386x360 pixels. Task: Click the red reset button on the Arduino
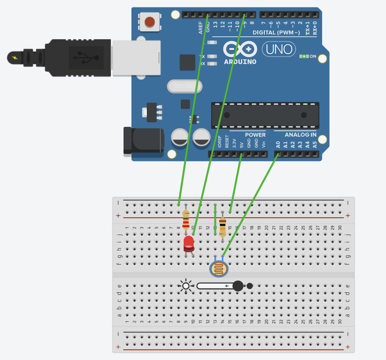click(x=150, y=21)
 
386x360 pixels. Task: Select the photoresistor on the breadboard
click(x=218, y=269)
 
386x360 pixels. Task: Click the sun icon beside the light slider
click(x=186, y=286)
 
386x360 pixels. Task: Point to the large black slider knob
click(x=238, y=286)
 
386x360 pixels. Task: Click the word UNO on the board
click(x=279, y=48)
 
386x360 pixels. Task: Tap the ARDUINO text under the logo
click(x=240, y=62)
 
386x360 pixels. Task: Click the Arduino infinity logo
click(x=240, y=48)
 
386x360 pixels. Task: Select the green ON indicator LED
click(x=304, y=56)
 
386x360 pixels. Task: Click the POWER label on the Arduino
click(x=255, y=135)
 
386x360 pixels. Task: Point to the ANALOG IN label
click(x=300, y=135)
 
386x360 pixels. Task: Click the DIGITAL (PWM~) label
click(x=277, y=33)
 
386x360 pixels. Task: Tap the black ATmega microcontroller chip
click(x=265, y=115)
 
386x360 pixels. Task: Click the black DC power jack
click(x=143, y=140)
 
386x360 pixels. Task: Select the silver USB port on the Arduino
click(x=136, y=58)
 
